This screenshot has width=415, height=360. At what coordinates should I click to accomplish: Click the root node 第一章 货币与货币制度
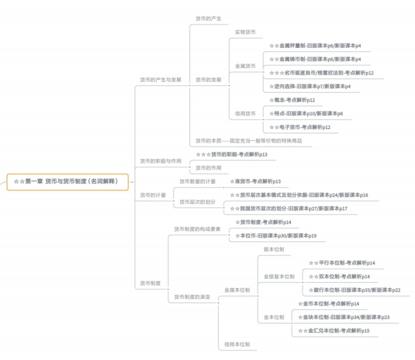coord(68,182)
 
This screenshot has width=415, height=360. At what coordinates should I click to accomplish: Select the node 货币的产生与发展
coord(161,80)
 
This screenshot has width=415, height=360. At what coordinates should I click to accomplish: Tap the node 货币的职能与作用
coord(161,161)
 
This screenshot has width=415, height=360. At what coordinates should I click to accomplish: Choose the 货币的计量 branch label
coord(153,195)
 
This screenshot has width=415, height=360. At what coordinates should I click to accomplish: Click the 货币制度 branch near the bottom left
coord(150,284)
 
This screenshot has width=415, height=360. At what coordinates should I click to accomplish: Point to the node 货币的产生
coord(209,18)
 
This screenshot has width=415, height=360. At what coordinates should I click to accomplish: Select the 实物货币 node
coord(245,32)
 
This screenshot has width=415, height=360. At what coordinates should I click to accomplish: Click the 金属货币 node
coord(245,66)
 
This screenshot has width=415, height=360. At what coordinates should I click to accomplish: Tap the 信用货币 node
coord(245,114)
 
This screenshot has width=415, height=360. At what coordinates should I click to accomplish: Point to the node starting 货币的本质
coord(253,140)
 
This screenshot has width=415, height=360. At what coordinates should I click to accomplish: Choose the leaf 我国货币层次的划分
coord(288,209)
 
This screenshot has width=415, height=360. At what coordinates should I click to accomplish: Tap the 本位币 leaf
coord(276,236)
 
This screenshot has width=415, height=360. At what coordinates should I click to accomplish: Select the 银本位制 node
coord(274,250)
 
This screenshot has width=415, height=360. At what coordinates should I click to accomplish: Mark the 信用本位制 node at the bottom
coord(237,345)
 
